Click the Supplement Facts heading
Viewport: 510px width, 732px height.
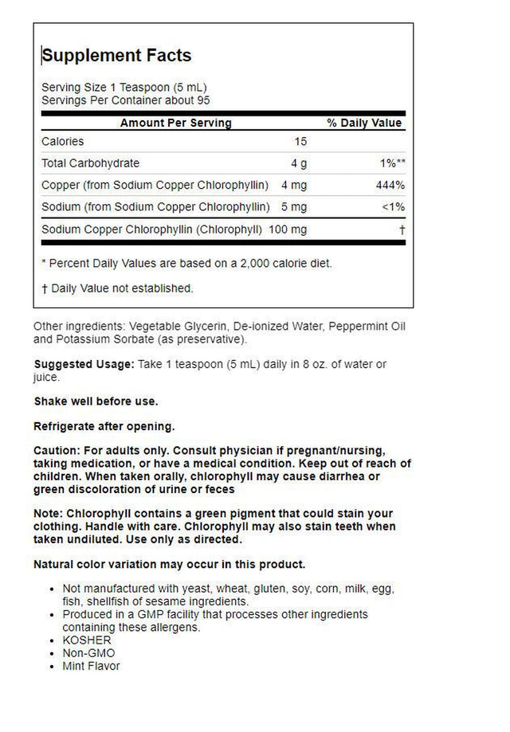pos(116,56)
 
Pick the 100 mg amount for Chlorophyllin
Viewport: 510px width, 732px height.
pos(289,230)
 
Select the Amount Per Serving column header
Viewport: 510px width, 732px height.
pos(175,123)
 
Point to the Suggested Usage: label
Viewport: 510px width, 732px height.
pos(77,365)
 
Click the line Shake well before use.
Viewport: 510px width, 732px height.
pos(96,401)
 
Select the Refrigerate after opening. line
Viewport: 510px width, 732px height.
pos(104,426)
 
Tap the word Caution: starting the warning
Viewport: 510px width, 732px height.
pos(57,452)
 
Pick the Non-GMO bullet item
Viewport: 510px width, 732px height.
pos(84,652)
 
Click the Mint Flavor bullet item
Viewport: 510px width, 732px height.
pos(91,665)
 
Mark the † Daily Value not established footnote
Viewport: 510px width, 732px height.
pos(117,288)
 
